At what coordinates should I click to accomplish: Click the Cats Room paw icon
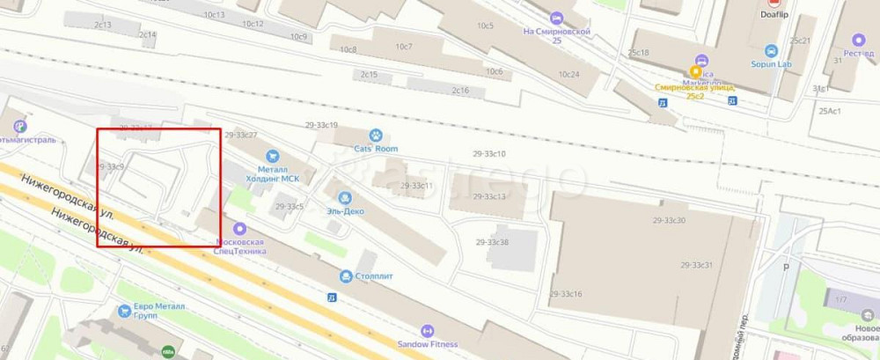pos(376,136)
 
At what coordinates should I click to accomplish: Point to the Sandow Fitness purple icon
pos(428,331)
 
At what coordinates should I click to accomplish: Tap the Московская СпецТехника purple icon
pos(239,228)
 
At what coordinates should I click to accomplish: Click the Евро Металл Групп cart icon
pos(124,310)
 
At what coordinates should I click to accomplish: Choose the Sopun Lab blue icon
pos(771,51)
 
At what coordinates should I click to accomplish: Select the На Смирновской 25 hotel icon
pos(555,18)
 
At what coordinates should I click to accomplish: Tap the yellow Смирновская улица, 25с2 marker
pos(696,72)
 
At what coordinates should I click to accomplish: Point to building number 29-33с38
pos(492,242)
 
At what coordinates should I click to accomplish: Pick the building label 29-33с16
pos(565,293)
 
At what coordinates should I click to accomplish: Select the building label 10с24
pos(568,74)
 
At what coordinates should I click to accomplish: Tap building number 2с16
pos(460,91)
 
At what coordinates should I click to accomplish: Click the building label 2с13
pos(103,25)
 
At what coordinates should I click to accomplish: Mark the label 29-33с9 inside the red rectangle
pos(112,165)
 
